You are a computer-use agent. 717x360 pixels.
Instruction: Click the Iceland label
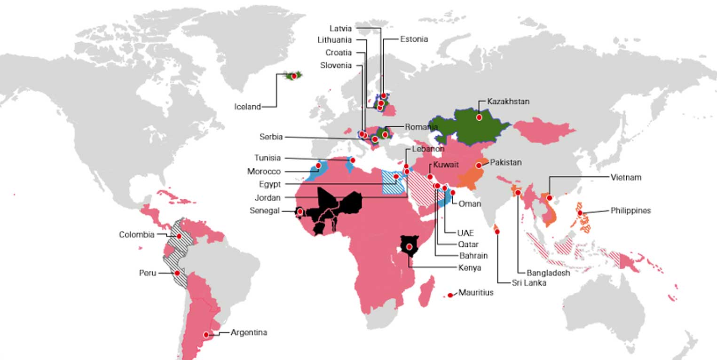click(247, 107)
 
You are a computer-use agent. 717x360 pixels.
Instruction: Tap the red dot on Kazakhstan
click(479, 117)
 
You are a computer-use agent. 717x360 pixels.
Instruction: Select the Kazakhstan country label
click(508, 101)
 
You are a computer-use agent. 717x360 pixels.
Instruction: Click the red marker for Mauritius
click(450, 295)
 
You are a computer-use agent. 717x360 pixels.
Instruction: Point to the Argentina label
click(249, 332)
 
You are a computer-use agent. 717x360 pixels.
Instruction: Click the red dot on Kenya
click(410, 247)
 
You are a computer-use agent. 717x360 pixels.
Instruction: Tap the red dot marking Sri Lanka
click(497, 231)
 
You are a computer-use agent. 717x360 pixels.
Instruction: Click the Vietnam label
click(626, 178)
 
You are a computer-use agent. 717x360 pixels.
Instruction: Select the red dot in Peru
click(177, 273)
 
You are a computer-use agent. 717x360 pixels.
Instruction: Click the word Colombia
click(136, 235)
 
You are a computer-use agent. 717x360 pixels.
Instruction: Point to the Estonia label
click(414, 39)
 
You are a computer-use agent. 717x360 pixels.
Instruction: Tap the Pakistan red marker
click(479, 165)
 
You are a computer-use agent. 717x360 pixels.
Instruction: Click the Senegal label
click(264, 211)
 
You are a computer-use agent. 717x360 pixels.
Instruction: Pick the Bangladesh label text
click(548, 273)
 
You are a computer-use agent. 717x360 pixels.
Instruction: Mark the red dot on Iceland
click(294, 76)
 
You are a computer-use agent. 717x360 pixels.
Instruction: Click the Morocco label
click(264, 172)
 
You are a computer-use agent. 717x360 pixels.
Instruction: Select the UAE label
click(465, 233)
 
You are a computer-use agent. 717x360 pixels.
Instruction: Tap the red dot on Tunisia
click(353, 160)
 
